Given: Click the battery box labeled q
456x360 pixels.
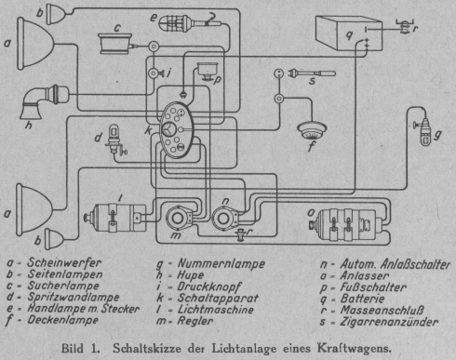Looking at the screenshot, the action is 349,33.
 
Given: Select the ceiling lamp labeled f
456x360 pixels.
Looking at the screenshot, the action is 312,130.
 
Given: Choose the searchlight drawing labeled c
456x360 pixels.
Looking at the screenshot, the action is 115,44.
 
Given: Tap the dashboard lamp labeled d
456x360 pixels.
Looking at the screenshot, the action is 115,140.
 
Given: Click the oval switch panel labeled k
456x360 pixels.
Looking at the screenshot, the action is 177,130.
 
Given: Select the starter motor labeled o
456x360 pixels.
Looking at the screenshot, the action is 345,224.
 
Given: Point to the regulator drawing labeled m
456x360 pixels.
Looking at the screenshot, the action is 178,219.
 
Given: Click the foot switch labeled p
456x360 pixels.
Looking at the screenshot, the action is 207,72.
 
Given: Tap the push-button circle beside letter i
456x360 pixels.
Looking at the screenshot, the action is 154,73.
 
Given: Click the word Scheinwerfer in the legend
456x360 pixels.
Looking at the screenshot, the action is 64,262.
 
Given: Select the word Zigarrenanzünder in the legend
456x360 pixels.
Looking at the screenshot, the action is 389,322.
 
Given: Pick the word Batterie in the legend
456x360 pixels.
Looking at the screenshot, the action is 362,299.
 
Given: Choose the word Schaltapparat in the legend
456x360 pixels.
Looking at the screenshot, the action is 218,298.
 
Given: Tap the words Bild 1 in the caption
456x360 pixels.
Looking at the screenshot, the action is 81,348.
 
